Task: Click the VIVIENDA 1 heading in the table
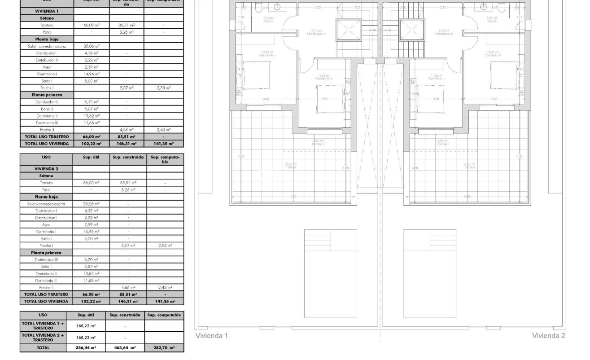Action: pyautogui.click(x=47, y=10)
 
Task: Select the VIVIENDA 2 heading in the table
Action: pyautogui.click(x=47, y=168)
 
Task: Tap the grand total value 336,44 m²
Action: pyautogui.click(x=86, y=347)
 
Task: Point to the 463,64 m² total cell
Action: pyautogui.click(x=125, y=347)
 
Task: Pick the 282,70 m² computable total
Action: pyautogui.click(x=164, y=347)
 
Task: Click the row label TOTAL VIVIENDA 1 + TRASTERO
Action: pyautogui.click(x=43, y=325)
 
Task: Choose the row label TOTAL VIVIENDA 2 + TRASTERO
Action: pyautogui.click(x=43, y=337)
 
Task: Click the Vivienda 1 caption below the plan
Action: pyautogui.click(x=212, y=336)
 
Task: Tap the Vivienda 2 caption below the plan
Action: pyautogui.click(x=548, y=336)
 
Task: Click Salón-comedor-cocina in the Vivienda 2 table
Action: pyautogui.click(x=47, y=203)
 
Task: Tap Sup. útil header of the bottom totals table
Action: pyautogui.click(x=86, y=315)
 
